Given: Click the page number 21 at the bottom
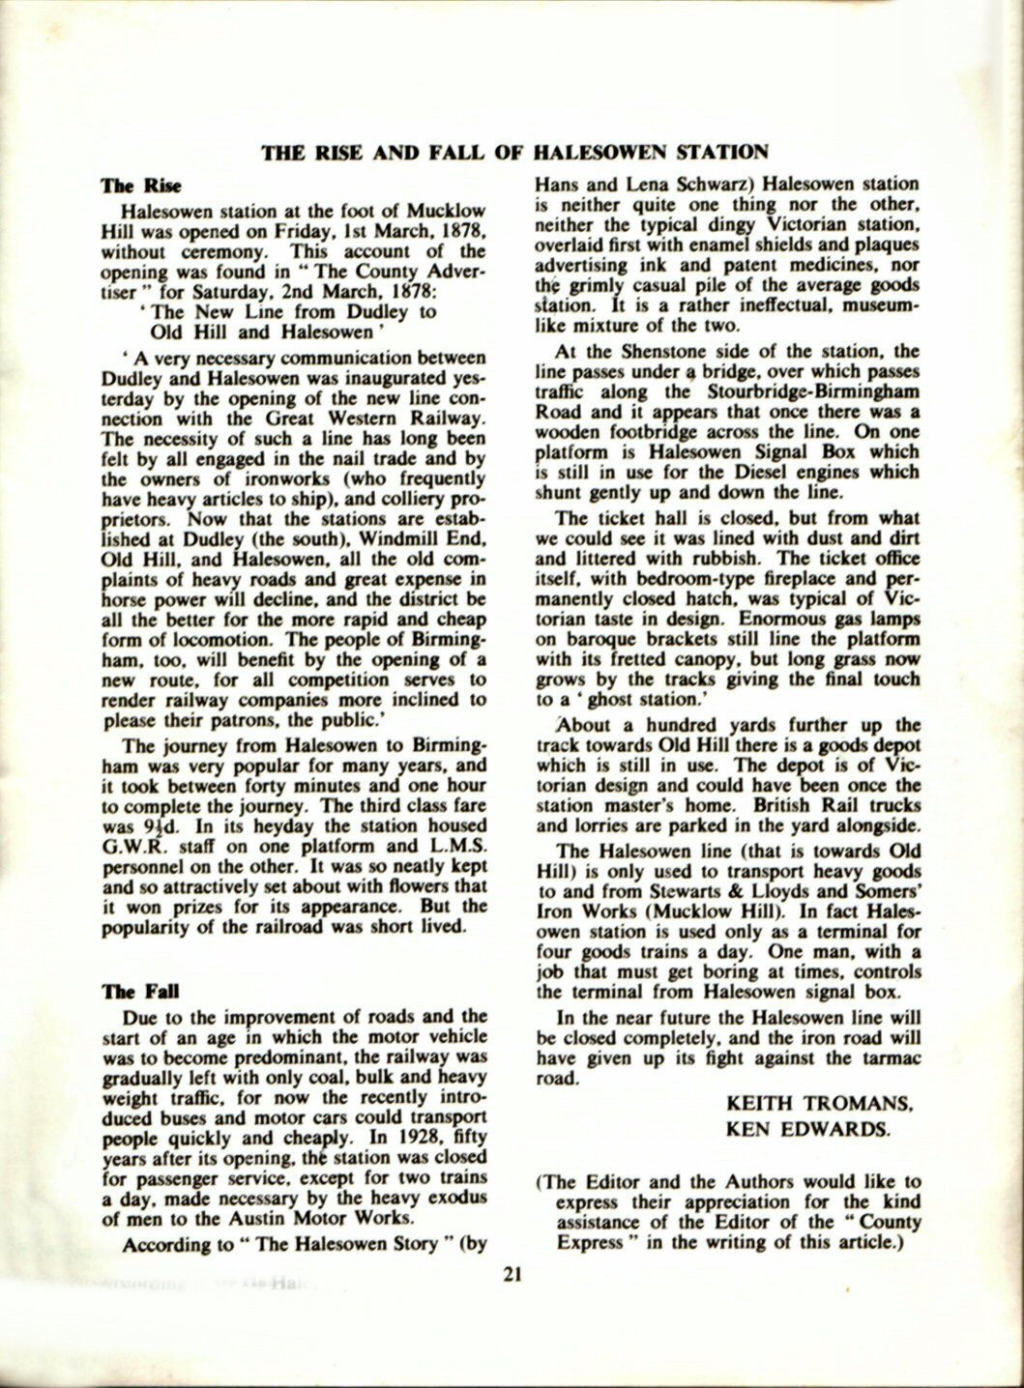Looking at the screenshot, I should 512,1273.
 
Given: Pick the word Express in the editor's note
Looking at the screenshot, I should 590,1241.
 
